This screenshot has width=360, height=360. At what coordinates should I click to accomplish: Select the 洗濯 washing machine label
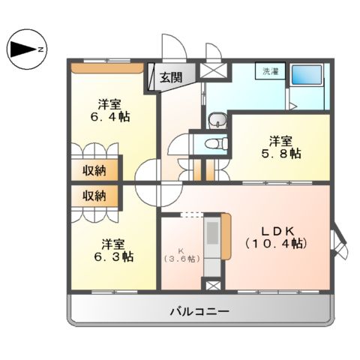268,71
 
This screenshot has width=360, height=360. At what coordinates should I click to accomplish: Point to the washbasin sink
217,120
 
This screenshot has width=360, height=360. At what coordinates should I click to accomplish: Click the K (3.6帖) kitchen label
181,254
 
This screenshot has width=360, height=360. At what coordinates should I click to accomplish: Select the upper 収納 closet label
94,169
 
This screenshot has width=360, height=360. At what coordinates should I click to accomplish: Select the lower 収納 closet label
94,196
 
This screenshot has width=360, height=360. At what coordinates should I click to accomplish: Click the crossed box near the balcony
213,286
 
